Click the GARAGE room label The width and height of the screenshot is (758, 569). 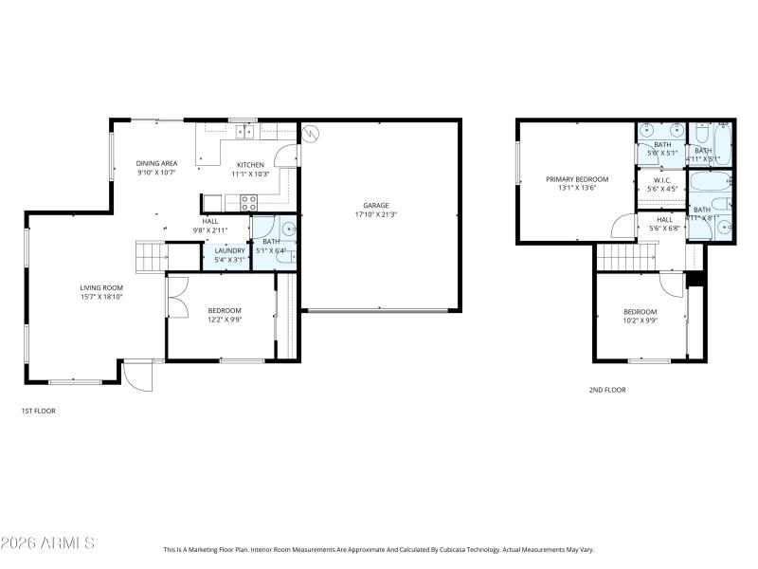coord(376,205)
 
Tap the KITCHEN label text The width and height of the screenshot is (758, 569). coord(250,164)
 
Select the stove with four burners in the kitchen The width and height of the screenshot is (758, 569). coord(249,201)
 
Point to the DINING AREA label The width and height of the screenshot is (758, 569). coord(156,163)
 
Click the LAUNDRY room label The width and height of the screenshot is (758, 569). coord(229,250)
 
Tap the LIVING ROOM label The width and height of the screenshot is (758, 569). coord(100,287)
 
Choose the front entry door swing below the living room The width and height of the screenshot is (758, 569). coord(138,376)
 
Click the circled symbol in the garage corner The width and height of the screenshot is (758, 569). coord(307,134)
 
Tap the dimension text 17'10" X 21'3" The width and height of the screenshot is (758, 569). coord(376,214)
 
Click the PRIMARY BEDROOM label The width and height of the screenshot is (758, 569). coord(576,178)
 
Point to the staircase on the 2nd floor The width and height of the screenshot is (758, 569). coord(626,256)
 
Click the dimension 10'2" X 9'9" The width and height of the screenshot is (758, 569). coord(640,321)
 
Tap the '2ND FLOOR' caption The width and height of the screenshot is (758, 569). coord(606,390)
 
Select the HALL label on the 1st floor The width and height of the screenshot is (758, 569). coord(209,221)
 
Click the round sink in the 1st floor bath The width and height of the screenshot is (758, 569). coord(288,229)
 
